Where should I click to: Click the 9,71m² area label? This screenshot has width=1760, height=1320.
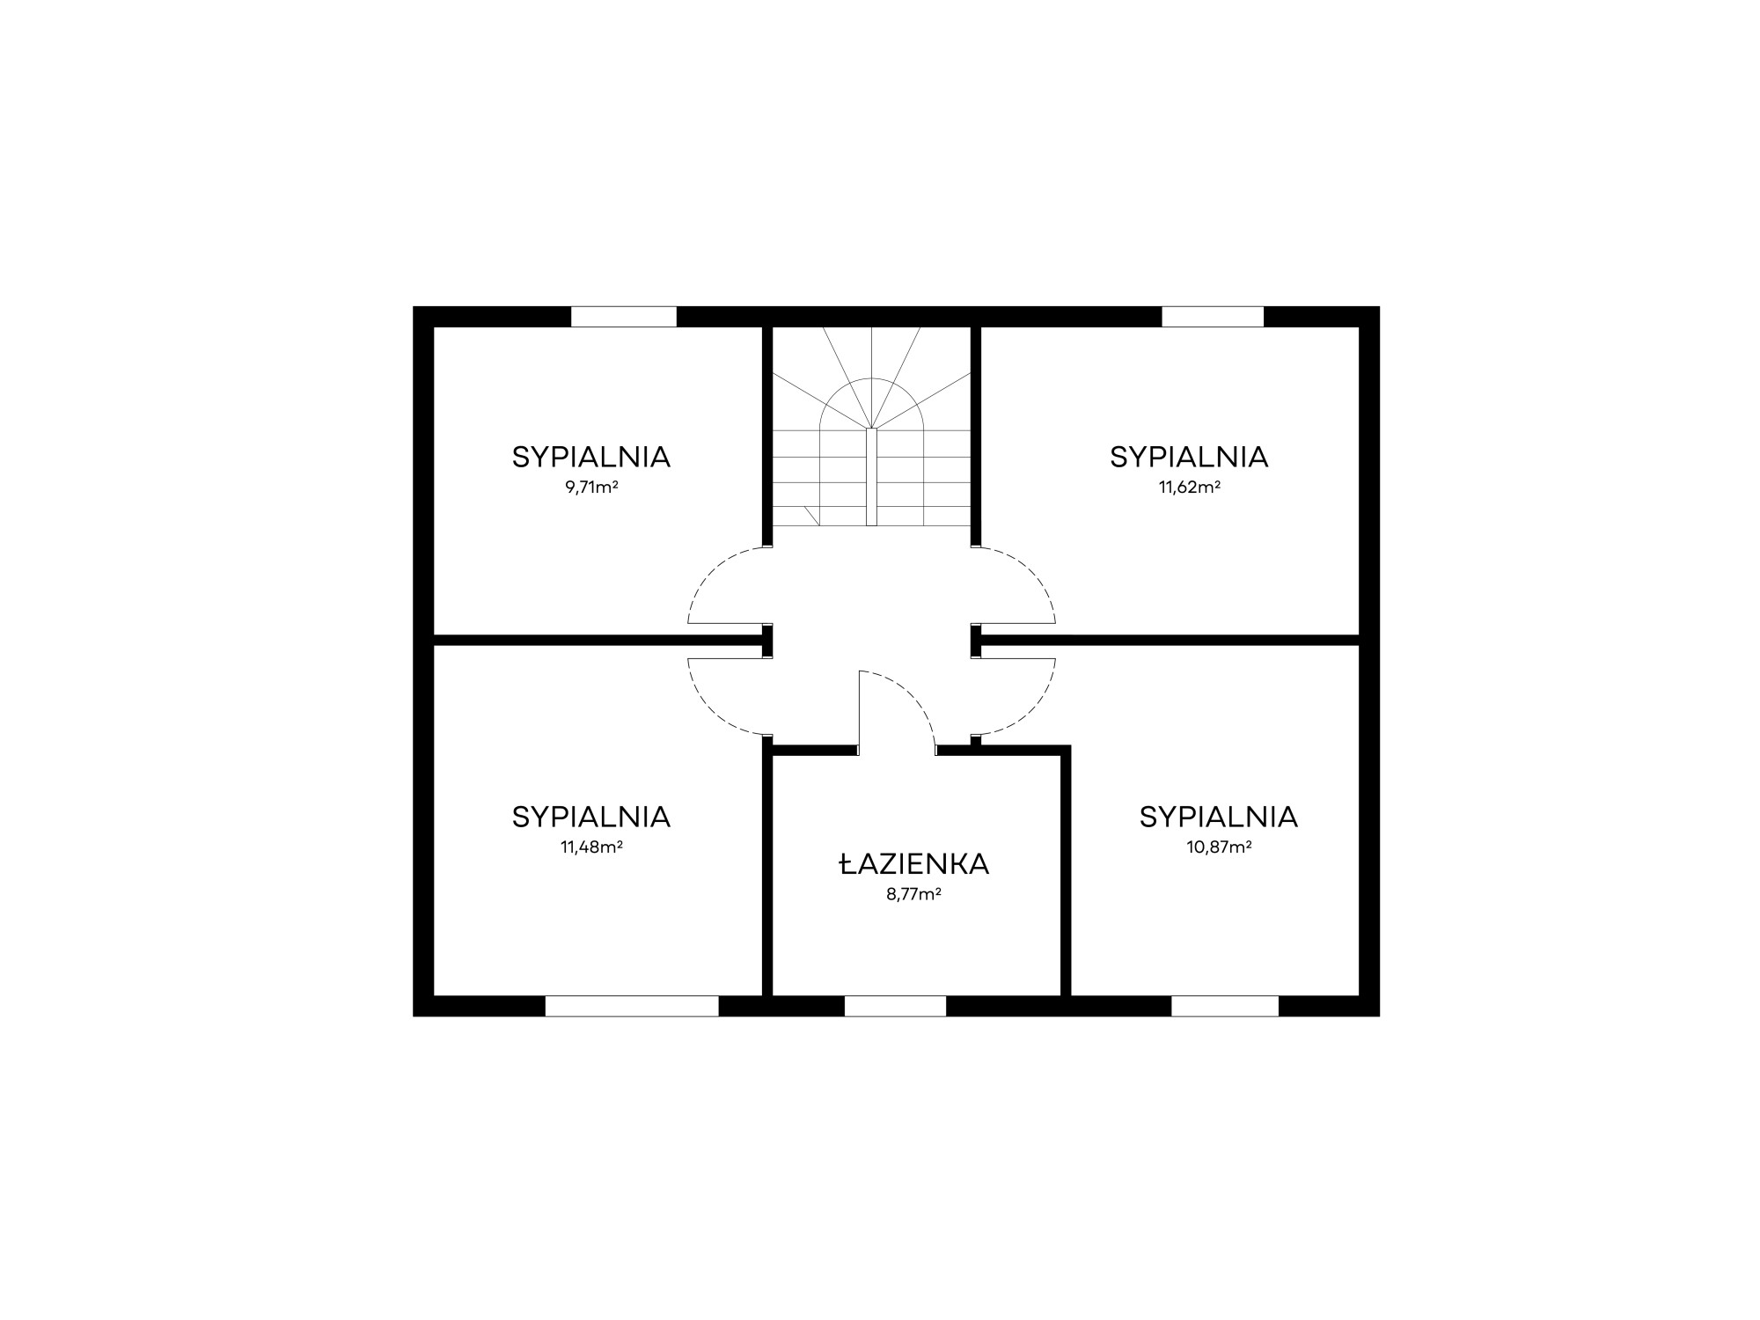591,487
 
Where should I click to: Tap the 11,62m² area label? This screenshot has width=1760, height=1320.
1189,487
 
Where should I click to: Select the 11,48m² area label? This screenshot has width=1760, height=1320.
591,847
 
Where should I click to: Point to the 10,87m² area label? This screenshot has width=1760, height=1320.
1219,847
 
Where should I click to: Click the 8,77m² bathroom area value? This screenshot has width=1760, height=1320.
914,894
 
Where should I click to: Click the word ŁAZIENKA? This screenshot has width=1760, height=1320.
914,864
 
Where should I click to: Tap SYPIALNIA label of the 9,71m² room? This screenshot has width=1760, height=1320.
591,457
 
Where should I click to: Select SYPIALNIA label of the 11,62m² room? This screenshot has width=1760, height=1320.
1189,457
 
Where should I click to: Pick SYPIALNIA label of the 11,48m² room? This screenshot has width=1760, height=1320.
591,817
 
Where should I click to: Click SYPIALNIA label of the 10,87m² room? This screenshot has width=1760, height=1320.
1219,817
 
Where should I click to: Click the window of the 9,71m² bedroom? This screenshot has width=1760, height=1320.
624,317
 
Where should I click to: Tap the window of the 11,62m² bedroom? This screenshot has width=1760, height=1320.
1213,317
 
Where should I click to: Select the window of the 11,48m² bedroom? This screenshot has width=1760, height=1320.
632,1006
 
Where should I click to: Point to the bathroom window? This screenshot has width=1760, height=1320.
895,1006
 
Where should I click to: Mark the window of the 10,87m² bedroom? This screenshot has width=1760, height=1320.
1224,1006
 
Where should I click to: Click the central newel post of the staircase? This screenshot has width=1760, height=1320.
871,477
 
